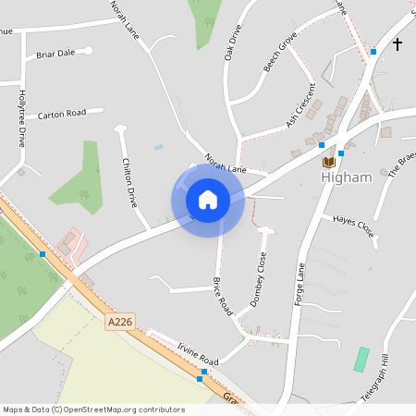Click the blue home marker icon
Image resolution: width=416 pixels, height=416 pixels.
click(207, 199)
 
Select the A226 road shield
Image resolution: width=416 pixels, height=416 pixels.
click(120, 322)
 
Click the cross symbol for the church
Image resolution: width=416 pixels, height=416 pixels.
click(398, 43)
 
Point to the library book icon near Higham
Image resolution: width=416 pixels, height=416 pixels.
click(327, 162)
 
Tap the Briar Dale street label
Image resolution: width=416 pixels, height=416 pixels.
click(55, 54)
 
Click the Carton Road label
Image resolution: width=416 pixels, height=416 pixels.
click(62, 114)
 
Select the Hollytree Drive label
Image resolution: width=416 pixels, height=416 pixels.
click(21, 119)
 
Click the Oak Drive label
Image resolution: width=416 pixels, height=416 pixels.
click(233, 43)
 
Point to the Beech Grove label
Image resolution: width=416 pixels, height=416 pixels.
click(279, 52)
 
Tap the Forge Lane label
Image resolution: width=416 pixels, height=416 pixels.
click(299, 284)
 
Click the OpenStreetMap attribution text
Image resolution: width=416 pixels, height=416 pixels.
click(93, 409)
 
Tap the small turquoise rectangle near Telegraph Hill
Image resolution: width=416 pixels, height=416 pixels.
click(361, 359)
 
